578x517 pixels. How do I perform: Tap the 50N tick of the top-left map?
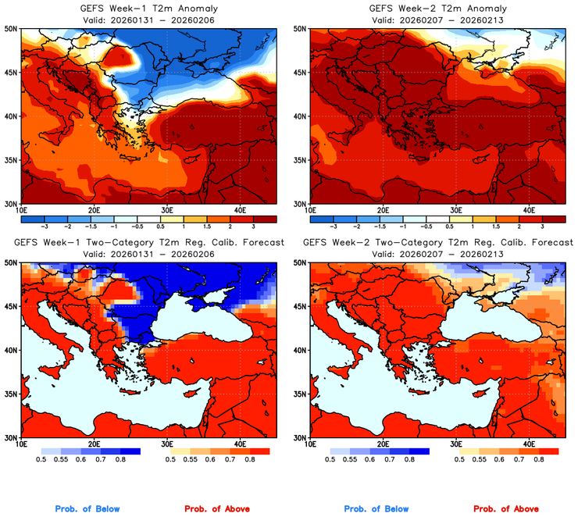(12, 29)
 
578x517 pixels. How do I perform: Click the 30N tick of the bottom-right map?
(301, 438)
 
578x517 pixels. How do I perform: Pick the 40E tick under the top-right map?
(529, 210)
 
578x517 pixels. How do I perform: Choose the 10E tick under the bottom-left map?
(21, 444)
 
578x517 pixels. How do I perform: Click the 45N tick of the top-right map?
(301, 73)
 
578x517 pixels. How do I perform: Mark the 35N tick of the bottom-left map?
(12, 394)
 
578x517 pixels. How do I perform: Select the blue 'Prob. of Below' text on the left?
(88, 509)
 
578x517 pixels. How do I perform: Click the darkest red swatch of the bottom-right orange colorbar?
(549, 451)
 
